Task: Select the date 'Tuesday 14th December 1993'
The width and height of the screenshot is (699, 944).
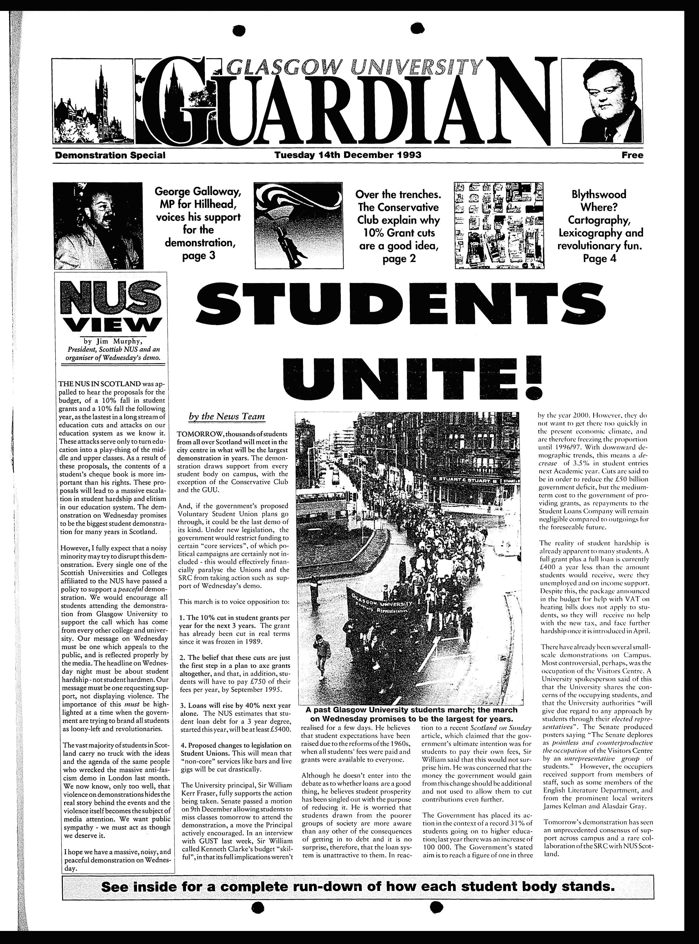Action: pos(348,155)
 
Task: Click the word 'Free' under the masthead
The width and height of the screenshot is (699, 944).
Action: pos(632,155)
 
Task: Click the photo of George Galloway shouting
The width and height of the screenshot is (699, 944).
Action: pos(98,225)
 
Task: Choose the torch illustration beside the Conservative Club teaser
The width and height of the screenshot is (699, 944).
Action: pos(298,225)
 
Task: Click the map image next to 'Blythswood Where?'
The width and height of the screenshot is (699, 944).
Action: pos(499,225)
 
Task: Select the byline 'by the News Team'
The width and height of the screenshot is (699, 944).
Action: pos(226,416)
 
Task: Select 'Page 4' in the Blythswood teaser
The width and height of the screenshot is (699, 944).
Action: pos(600,258)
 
